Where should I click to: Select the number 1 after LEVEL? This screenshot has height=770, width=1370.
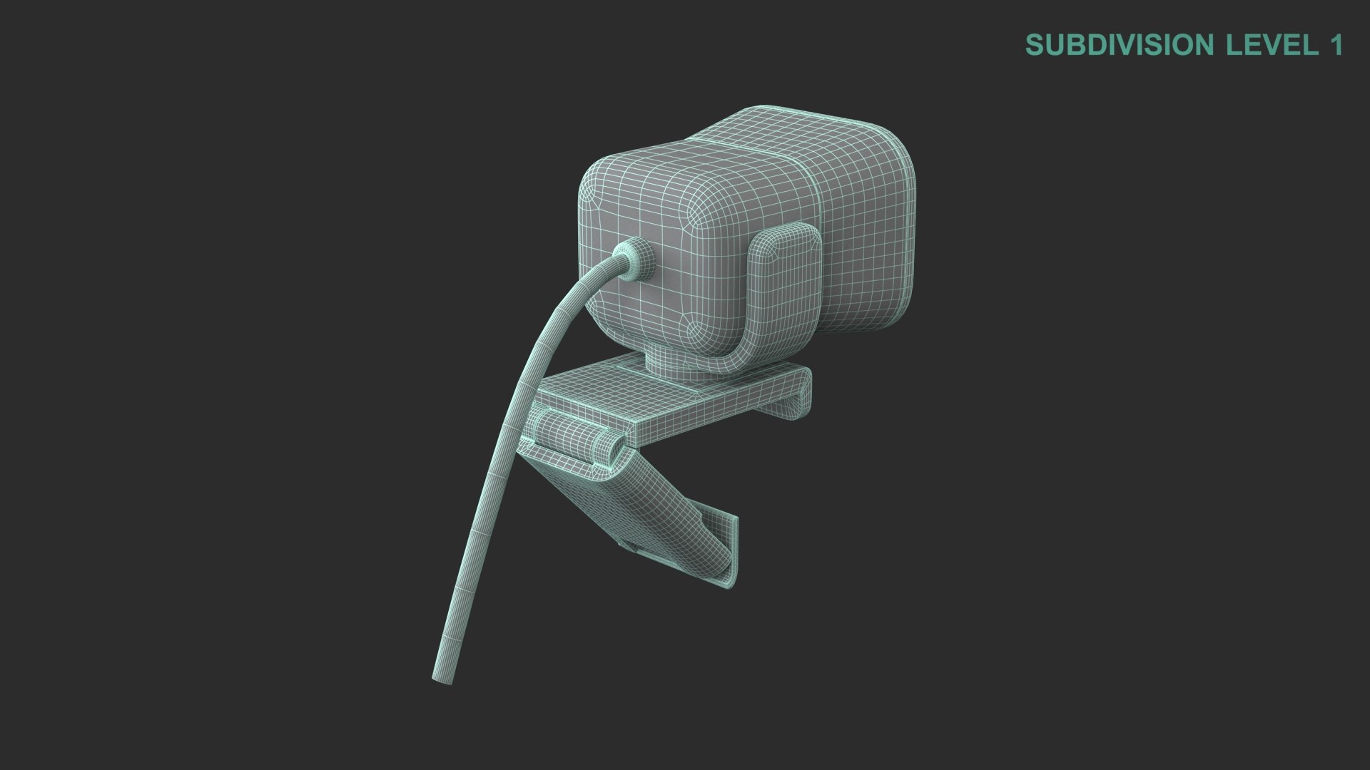click(x=1336, y=45)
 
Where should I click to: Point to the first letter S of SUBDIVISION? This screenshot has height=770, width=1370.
click(x=1034, y=45)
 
